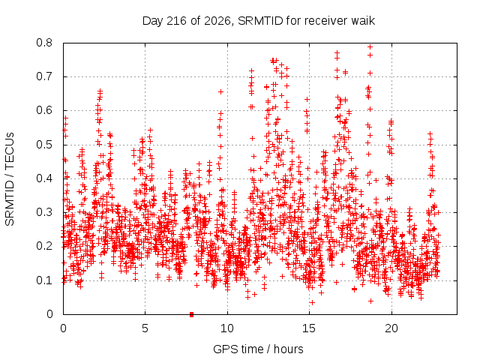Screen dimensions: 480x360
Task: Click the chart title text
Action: (x=259, y=21)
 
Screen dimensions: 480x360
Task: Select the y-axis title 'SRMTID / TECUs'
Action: (x=10, y=179)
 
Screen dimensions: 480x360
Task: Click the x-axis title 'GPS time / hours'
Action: (x=258, y=349)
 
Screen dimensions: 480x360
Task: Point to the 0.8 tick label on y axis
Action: (x=44, y=43)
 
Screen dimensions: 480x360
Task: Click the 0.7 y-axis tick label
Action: (x=44, y=76)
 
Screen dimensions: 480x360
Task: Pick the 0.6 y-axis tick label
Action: (x=44, y=110)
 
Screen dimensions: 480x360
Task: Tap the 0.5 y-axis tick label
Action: (x=44, y=145)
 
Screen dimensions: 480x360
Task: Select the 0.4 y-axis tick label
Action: (x=44, y=178)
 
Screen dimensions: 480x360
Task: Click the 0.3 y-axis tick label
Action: (x=44, y=212)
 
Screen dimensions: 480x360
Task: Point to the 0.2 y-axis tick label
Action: (x=44, y=246)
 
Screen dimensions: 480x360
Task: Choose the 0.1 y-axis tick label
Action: (x=44, y=280)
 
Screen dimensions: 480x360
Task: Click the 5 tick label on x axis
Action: (x=145, y=328)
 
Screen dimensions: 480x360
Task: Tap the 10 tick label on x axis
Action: (x=227, y=328)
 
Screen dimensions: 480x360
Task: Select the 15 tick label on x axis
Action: (x=309, y=328)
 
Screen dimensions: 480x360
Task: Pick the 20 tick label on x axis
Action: (x=391, y=328)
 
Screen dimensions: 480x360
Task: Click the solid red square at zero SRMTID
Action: (x=192, y=314)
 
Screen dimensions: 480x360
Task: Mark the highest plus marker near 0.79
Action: (x=370, y=46)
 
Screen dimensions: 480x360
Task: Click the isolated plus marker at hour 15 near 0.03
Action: (x=312, y=303)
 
